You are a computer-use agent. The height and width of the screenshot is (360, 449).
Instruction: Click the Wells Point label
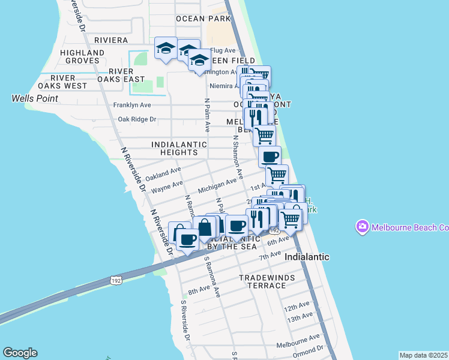(34, 98)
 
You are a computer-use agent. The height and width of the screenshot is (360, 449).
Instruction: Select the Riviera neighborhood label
(111, 40)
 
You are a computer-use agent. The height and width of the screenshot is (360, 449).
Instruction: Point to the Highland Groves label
(82, 56)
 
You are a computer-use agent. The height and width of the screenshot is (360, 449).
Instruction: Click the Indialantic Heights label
(179, 148)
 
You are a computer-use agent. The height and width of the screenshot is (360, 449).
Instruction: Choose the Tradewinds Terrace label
(262, 281)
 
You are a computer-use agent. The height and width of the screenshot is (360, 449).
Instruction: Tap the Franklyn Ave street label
(132, 105)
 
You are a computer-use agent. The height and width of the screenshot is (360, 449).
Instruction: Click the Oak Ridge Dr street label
(137, 119)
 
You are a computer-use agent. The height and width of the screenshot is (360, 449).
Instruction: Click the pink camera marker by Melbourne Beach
(362, 227)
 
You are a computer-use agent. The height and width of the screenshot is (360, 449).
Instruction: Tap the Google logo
(20, 353)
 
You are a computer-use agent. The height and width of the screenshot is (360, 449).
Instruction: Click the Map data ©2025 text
(423, 355)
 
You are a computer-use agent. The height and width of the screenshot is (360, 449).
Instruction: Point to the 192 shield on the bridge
(115, 280)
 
